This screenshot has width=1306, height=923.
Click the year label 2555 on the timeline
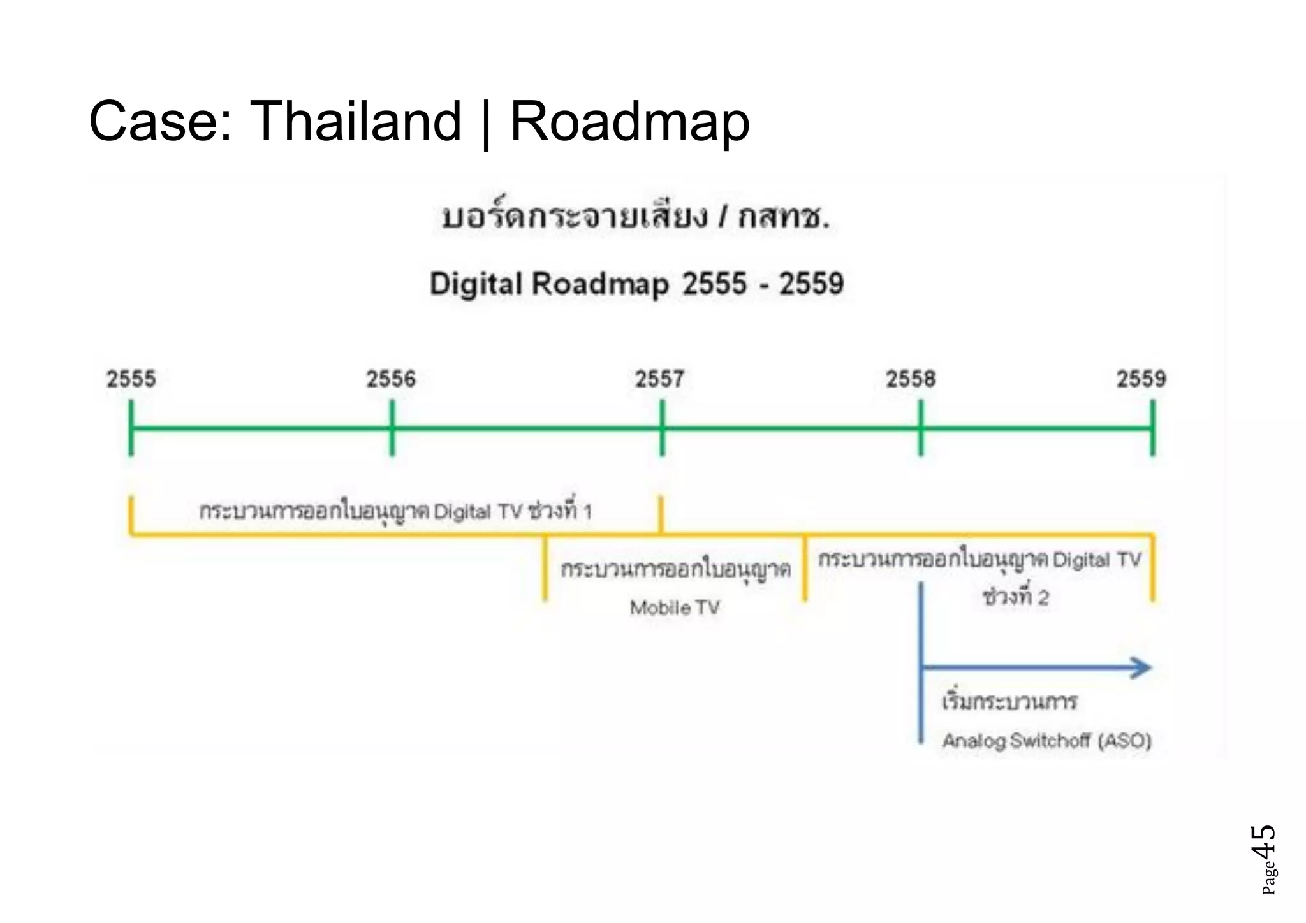tap(131, 379)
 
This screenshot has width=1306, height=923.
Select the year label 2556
tap(390, 379)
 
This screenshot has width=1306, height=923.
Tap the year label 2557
tap(659, 379)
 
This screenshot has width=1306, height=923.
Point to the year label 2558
tap(911, 379)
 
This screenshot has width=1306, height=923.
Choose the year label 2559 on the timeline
tap(1141, 379)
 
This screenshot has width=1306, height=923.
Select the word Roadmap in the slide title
tap(629, 122)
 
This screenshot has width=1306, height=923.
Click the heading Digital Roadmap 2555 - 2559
tap(636, 284)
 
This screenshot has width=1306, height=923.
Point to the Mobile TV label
tap(675, 607)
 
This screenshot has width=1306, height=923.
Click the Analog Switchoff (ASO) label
tap(1046, 741)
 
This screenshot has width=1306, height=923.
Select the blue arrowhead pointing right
tap(1141, 667)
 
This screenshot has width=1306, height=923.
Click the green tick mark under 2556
tap(392, 428)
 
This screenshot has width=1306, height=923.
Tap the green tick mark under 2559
tap(1152, 428)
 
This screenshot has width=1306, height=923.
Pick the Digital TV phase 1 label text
tap(395, 511)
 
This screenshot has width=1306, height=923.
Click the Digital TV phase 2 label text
tap(979, 577)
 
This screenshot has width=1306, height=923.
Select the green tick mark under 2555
tap(131, 428)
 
